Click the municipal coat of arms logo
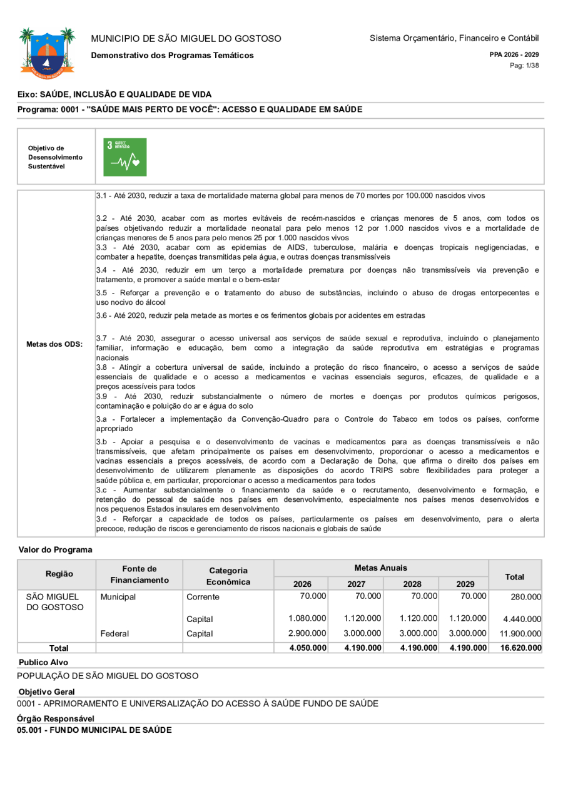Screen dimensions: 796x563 click(47, 53)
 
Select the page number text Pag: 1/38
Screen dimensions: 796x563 click(524, 65)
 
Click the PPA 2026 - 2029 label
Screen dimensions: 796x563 click(514, 54)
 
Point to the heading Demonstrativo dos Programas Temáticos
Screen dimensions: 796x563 click(173, 55)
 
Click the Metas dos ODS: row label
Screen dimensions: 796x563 click(54, 344)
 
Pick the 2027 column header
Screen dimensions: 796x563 click(356, 584)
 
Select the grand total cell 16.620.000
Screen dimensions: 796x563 click(521, 648)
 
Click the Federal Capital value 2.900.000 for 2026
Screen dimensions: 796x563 click(307, 633)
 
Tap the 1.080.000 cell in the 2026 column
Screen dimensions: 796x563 click(307, 618)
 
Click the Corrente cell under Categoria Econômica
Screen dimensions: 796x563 click(203, 596)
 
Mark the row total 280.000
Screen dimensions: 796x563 click(525, 597)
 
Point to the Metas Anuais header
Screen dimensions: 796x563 click(380, 568)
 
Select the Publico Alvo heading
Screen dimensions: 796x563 click(43, 661)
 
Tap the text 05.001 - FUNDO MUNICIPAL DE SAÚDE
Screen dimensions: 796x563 click(94, 730)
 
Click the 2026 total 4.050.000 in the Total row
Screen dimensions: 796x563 click(308, 648)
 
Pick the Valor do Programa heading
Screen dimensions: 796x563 click(55, 549)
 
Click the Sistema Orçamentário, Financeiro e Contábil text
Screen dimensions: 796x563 click(454, 38)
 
